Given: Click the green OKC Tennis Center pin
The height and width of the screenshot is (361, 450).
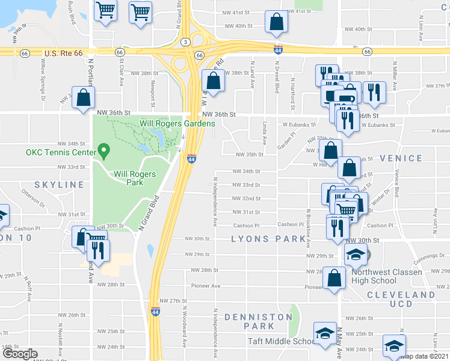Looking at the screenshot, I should click(103, 150).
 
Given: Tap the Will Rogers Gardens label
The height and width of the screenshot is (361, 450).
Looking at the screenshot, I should click(177, 123).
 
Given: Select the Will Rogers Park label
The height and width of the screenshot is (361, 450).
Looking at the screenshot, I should click(135, 178).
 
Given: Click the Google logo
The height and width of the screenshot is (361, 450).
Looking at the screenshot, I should click(19, 354).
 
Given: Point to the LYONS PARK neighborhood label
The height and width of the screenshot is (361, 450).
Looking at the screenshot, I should click(269, 239).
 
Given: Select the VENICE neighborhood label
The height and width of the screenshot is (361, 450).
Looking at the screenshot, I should click(401, 158).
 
